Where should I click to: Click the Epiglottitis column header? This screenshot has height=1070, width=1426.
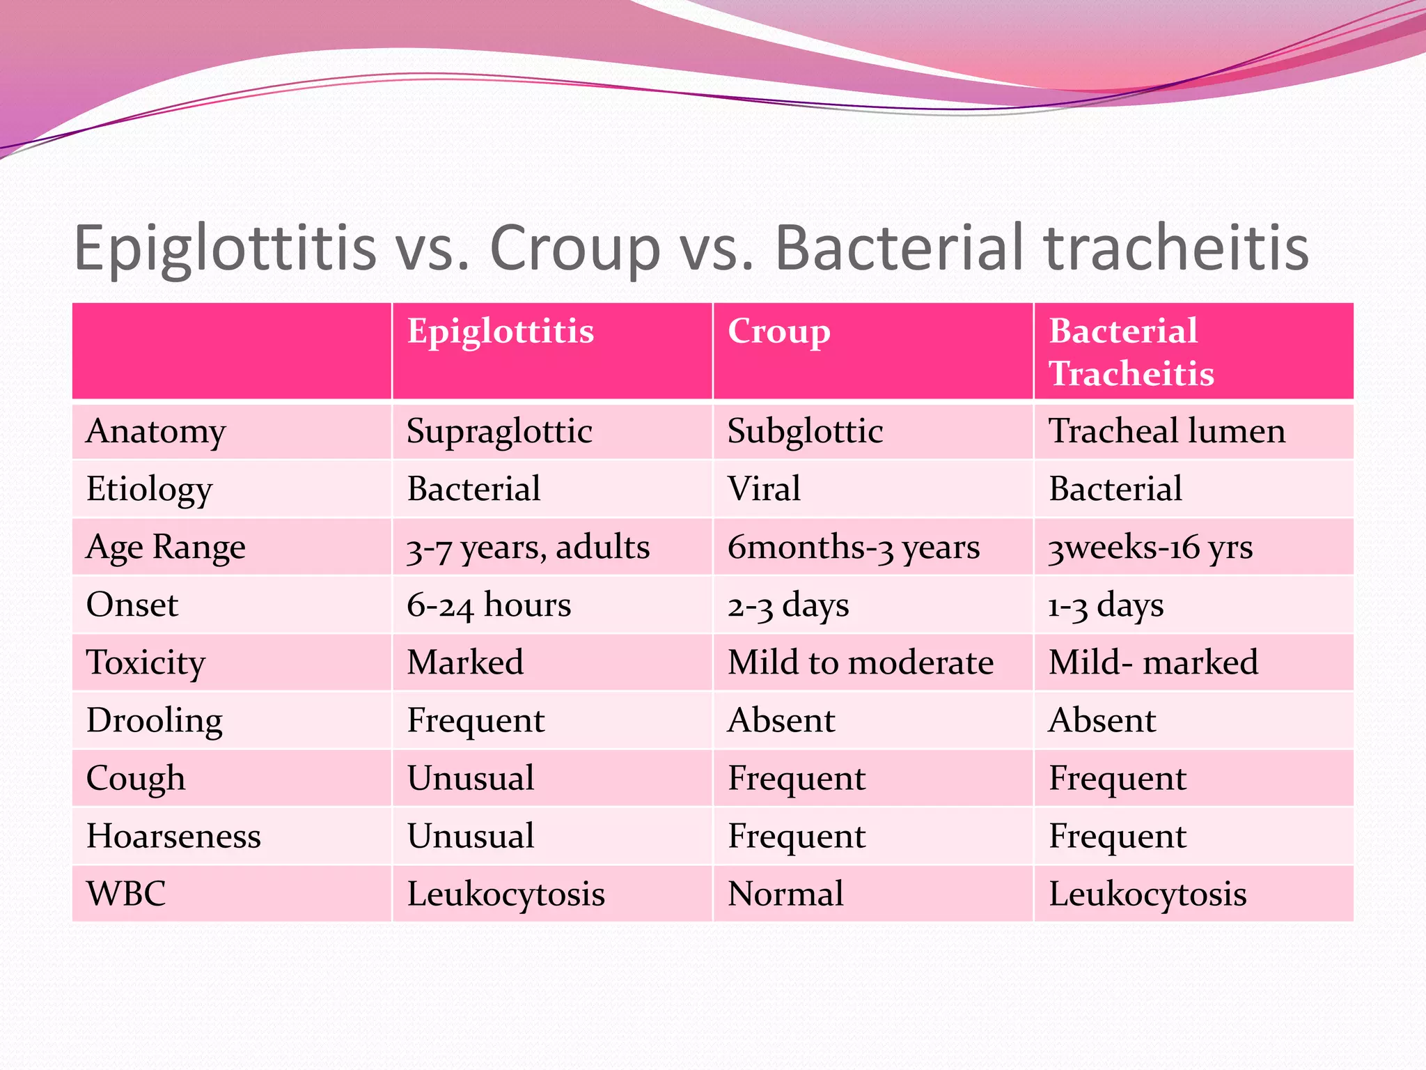[500, 332]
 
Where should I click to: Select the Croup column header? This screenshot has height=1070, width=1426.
[778, 332]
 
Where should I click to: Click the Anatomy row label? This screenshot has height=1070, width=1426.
[156, 431]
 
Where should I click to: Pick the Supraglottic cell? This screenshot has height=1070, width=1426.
[499, 431]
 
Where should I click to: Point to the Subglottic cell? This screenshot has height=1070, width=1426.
[805, 431]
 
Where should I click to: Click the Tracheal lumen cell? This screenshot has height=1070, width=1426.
[1167, 431]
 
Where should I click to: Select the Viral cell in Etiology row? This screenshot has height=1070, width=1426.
[764, 489]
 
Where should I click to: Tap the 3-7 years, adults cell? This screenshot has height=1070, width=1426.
[528, 548]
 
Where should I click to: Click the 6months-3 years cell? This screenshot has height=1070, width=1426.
[854, 548]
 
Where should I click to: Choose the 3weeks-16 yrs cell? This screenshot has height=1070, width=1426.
[1150, 548]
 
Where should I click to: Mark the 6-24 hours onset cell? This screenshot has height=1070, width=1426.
[489, 605]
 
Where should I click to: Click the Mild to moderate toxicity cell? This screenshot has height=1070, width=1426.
[861, 662]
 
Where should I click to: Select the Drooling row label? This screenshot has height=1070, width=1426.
[155, 721]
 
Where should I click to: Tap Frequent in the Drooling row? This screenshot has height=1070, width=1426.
[476, 721]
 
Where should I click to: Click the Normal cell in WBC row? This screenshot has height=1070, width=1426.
[785, 894]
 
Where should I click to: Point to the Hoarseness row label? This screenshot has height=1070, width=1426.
[173, 836]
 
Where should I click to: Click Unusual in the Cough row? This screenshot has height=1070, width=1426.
[471, 779]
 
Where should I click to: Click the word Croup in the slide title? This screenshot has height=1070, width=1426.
[575, 248]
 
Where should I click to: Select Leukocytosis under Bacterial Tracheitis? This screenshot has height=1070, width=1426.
[1147, 894]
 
